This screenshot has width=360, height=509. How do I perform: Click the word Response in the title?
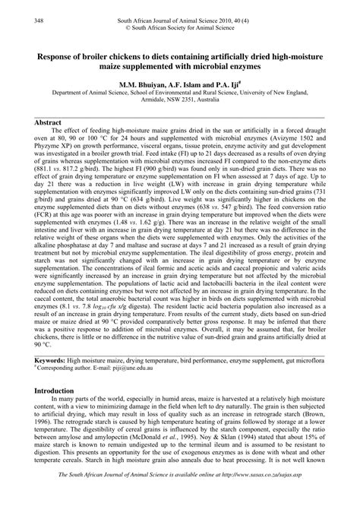[55, 56]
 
